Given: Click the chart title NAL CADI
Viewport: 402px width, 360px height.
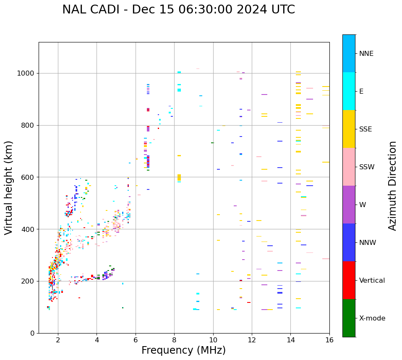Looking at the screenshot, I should [x=178, y=10].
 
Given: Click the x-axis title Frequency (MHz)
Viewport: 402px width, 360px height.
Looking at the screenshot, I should [x=183, y=350].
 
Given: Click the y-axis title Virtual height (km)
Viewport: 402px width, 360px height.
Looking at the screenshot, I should [x=9, y=187].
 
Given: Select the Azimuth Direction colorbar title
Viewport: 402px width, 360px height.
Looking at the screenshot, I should [x=392, y=185].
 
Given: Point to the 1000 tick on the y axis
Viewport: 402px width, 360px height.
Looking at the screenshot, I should [x=26, y=74].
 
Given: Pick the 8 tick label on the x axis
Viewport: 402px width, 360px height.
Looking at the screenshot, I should [x=174, y=340].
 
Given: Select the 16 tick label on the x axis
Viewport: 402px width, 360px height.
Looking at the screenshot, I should [x=329, y=340].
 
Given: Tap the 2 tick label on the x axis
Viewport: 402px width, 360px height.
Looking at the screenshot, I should [x=58, y=340].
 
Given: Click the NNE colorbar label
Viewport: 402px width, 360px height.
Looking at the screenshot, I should [x=366, y=54].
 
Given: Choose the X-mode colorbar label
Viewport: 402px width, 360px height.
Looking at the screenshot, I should [x=372, y=318].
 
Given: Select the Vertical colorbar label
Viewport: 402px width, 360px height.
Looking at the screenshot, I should [x=372, y=281].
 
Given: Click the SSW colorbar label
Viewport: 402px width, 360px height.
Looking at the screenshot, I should [x=367, y=167].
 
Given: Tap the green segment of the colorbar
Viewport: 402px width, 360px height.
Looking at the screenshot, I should [x=349, y=318].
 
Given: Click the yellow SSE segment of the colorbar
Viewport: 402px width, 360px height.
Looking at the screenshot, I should [x=349, y=129].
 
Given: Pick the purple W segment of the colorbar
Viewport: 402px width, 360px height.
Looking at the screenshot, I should [x=349, y=205].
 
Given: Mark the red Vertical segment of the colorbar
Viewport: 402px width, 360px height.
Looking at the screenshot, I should [x=349, y=280].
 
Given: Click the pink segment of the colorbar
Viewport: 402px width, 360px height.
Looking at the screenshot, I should [x=349, y=167].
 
